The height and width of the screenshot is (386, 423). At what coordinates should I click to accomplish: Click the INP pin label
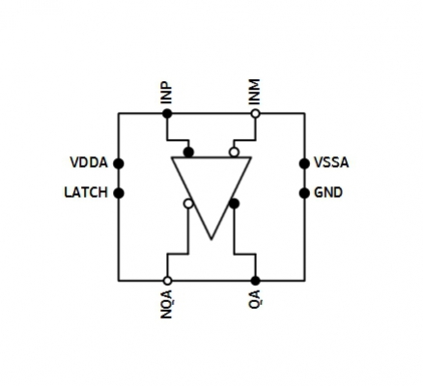[166, 94]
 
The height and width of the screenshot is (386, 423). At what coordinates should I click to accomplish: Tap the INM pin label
[255, 92]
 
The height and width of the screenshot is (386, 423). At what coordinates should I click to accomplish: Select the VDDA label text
[89, 163]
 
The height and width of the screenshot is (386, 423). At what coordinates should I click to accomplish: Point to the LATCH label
[86, 192]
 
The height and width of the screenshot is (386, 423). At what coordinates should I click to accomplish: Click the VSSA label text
[331, 163]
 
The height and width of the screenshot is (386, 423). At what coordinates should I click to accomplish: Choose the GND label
[328, 192]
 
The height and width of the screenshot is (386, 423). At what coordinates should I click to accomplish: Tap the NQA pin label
[166, 304]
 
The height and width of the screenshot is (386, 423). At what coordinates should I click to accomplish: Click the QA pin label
[255, 299]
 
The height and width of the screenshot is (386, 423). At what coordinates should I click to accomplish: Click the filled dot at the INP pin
[167, 113]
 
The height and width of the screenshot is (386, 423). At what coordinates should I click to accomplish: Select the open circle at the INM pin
[255, 113]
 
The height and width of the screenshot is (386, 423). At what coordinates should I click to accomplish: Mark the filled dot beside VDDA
[119, 163]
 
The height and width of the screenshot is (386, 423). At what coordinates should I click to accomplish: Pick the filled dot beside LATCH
[119, 193]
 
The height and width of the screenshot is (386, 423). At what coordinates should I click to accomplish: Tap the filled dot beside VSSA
[304, 163]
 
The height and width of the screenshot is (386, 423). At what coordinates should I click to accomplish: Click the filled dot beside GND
[304, 193]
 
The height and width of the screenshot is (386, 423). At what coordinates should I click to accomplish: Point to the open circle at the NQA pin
[167, 281]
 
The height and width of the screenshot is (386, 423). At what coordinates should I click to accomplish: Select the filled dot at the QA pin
[255, 281]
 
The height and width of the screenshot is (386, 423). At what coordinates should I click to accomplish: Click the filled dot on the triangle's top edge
[188, 152]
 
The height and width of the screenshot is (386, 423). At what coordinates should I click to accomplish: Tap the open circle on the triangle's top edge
[234, 152]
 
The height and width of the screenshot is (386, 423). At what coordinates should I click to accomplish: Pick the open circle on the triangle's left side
[188, 204]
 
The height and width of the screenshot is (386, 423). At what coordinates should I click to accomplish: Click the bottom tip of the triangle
[211, 239]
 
